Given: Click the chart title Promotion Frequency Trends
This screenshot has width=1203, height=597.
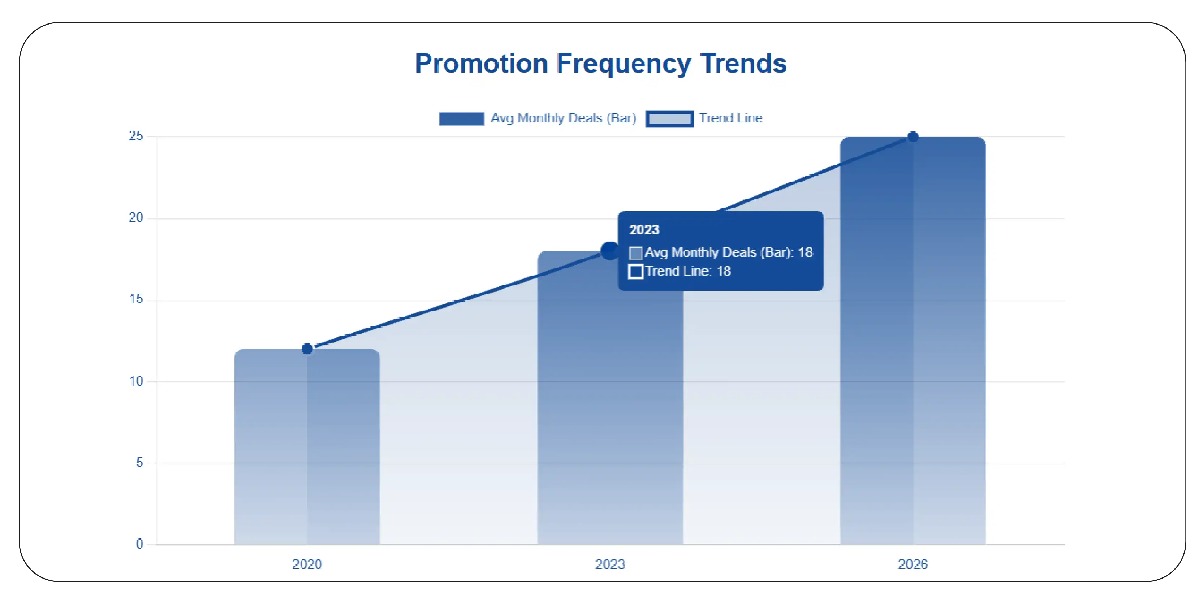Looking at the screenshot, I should (600, 64).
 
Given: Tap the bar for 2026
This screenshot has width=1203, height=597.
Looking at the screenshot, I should (913, 341).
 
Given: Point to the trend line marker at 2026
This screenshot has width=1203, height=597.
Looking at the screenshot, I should (913, 137).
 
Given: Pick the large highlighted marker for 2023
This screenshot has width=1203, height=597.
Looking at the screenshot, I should (609, 251).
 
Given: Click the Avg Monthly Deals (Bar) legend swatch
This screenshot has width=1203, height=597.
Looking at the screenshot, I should (461, 118).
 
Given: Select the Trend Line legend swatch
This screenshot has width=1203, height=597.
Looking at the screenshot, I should (669, 118).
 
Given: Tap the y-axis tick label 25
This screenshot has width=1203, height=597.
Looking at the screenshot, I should (136, 136).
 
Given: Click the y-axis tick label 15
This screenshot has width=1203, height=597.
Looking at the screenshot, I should (136, 299).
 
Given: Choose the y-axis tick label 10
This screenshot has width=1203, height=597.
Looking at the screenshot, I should (136, 381).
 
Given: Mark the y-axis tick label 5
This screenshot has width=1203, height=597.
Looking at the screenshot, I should (139, 463).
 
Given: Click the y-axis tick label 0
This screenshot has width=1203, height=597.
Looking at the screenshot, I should (139, 544).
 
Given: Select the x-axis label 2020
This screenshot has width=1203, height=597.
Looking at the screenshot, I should (307, 564).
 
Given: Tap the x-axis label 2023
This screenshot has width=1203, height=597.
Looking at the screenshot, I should (610, 564).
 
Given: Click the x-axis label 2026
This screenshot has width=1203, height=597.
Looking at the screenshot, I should (913, 564).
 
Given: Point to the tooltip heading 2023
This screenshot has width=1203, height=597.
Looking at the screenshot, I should (644, 230).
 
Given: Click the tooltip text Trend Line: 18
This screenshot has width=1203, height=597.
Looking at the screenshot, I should (688, 271).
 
